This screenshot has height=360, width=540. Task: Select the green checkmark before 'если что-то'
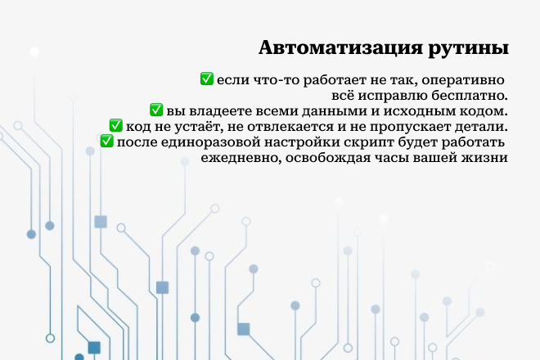point(207,79)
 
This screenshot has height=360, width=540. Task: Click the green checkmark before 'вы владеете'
point(157,110)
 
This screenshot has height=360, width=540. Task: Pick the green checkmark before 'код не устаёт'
point(115,126)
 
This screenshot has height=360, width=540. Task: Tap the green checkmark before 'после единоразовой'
point(106,142)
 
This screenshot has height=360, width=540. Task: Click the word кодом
point(485,110)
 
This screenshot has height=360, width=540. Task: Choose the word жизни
point(488,157)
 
